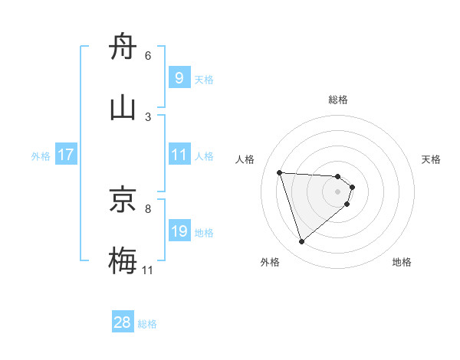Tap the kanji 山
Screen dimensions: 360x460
tap(123, 108)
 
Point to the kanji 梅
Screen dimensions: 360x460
tap(123, 260)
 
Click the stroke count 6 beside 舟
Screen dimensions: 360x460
tap(148, 55)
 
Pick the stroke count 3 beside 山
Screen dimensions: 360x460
tap(148, 116)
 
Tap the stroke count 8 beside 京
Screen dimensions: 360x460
tap(148, 208)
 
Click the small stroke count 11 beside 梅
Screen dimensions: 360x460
tap(148, 269)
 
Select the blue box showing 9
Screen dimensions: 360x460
tap(179, 78)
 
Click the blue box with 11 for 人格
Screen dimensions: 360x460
tap(179, 155)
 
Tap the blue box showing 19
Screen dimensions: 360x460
tap(179, 231)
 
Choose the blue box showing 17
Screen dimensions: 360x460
tap(66, 155)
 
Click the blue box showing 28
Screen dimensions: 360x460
tap(123, 322)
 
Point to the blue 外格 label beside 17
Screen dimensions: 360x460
tap(41, 155)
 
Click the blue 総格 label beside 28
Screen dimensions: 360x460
tap(147, 324)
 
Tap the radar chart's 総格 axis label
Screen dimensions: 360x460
tap(338, 100)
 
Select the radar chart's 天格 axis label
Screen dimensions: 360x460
tap(432, 159)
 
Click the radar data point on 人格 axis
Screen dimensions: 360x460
tap(280, 172)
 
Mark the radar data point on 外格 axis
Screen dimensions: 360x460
tap(301, 242)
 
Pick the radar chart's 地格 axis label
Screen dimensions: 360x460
tap(402, 262)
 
